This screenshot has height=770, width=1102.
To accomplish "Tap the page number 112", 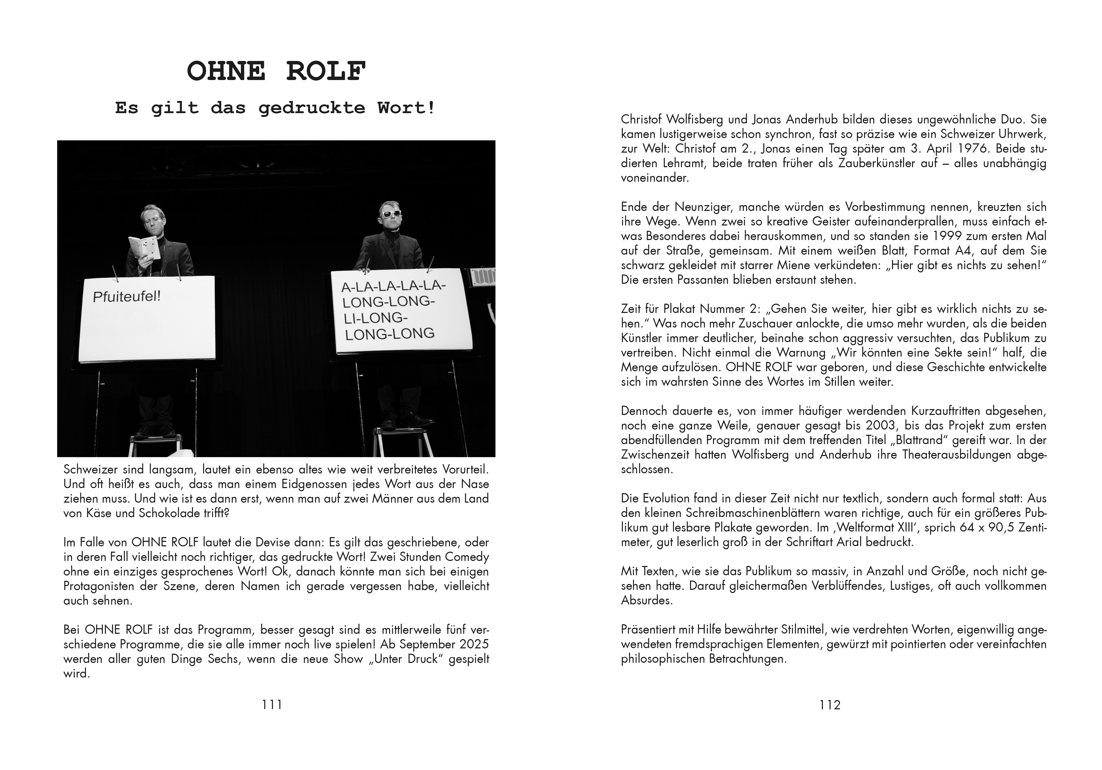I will (830, 705).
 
